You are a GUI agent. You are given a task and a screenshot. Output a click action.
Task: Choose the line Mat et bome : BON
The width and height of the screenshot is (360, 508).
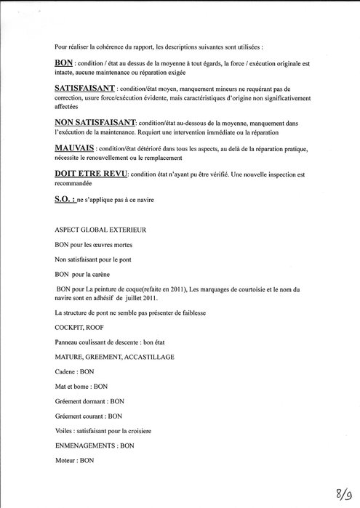click(x=81, y=386)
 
